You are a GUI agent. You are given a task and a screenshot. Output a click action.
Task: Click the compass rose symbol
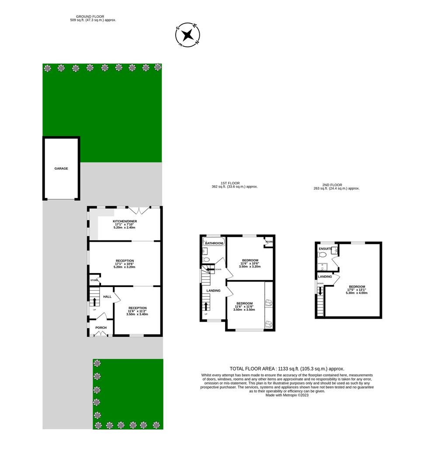(x=187, y=35)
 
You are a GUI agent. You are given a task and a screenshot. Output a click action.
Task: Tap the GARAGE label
(x=61, y=169)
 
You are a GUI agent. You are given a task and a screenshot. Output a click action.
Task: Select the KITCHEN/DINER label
(x=125, y=221)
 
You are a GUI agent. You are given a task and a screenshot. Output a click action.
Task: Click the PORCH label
(x=101, y=327)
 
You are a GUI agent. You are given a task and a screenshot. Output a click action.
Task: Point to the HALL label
(x=107, y=296)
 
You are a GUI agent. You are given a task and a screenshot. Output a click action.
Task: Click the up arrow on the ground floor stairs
(x=94, y=302)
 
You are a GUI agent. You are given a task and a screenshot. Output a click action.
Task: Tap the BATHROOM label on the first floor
(x=214, y=243)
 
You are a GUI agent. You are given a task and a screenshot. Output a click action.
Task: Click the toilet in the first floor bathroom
(x=206, y=259)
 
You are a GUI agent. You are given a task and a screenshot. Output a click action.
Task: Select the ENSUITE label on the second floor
(x=325, y=249)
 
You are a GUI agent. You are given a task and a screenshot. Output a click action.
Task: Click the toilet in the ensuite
(x=322, y=255)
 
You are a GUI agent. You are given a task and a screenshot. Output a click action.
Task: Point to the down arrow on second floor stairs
(x=320, y=291)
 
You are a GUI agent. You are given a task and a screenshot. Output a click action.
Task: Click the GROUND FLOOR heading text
(x=90, y=17)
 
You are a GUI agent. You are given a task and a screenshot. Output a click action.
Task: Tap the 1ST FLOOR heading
(x=230, y=183)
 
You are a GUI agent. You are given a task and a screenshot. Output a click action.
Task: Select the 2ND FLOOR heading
(x=332, y=185)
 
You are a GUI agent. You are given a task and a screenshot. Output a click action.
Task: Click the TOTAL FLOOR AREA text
(x=287, y=368)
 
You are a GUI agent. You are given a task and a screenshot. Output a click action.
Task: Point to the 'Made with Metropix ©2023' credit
(x=287, y=395)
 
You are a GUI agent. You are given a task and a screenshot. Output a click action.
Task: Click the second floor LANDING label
(x=325, y=276)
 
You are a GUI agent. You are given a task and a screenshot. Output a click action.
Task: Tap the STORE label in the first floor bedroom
(x=269, y=242)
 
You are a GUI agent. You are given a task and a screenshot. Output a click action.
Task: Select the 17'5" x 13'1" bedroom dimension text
(x=357, y=290)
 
